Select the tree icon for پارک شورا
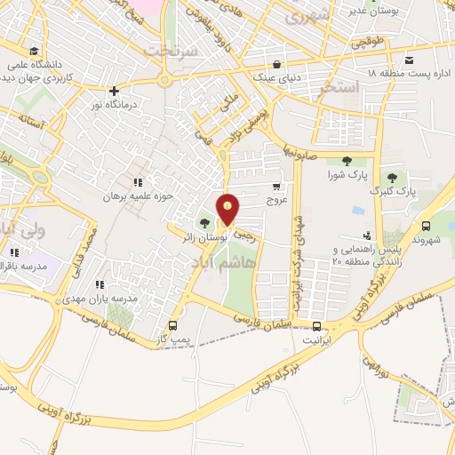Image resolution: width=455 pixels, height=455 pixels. [x=347, y=161]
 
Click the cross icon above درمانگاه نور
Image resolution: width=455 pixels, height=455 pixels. [x=114, y=90]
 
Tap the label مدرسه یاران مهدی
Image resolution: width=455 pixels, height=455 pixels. [x=108, y=299]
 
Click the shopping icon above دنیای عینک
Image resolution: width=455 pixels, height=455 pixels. [x=278, y=63]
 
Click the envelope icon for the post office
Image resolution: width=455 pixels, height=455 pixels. [x=409, y=60]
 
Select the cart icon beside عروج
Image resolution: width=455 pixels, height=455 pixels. [x=275, y=187]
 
